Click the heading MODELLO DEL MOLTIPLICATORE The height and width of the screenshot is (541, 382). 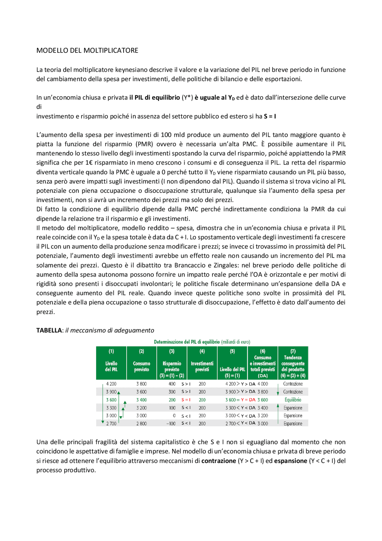click(87, 50)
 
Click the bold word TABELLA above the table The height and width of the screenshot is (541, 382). click(49, 330)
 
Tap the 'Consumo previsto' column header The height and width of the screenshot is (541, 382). click(141, 366)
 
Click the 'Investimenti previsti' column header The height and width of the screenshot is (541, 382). click(202, 366)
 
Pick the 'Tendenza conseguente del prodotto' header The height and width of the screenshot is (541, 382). click(293, 366)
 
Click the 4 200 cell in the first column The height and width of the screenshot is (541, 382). click(111, 384)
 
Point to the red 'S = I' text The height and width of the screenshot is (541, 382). click(186, 400)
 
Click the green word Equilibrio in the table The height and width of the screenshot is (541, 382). click(293, 400)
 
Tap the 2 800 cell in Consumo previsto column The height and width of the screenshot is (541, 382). click(141, 424)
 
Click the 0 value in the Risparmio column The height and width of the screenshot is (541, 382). click(174, 416)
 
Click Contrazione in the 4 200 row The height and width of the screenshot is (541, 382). click(293, 384)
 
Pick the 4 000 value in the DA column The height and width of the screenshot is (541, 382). click(263, 384)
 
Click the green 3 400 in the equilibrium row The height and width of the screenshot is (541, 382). click(141, 400)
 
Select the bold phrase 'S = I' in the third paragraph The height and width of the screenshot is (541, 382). click(270, 116)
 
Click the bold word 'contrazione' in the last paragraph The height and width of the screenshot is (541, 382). click(218, 461)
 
